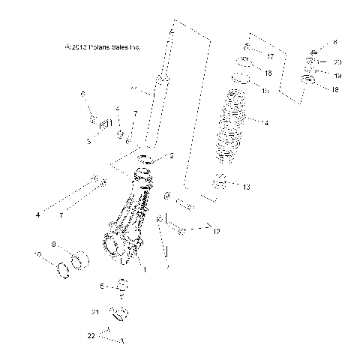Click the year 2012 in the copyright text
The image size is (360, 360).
pyautogui.click(x=79, y=47)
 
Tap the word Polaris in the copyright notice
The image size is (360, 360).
pyautogui.click(x=103, y=47)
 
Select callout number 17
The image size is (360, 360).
pyautogui.click(x=269, y=55)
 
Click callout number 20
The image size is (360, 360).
pyautogui.click(x=337, y=61)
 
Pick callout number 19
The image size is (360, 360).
pyautogui.click(x=337, y=75)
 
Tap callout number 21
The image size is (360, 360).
pyautogui.click(x=95, y=311)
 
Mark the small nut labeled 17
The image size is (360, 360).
pyautogui.click(x=247, y=52)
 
